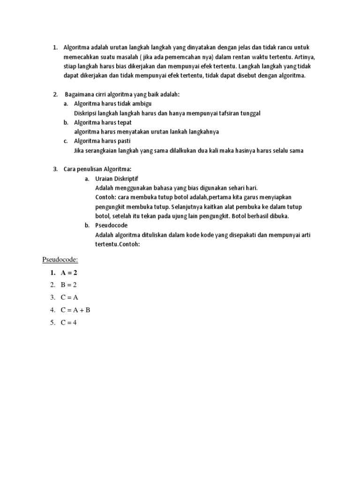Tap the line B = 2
[x=68, y=285]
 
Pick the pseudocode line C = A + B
[x=76, y=310]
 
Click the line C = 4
[x=68, y=322]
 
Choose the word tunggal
[x=249, y=113]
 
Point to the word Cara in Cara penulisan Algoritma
[x=70, y=169]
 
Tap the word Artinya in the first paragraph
[x=305, y=57]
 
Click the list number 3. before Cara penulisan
[x=55, y=169]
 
